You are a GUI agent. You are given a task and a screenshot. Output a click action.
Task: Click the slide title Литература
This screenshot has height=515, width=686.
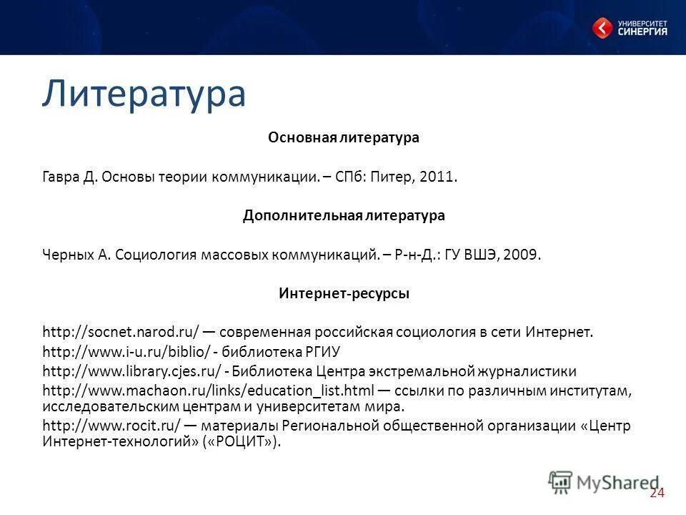coord(144,94)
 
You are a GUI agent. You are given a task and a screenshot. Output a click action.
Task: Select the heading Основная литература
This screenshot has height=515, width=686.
coord(343,138)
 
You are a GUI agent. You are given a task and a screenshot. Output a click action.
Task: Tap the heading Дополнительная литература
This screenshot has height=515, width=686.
coord(343,215)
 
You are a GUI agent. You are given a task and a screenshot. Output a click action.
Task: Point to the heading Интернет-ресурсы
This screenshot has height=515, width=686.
coord(343,293)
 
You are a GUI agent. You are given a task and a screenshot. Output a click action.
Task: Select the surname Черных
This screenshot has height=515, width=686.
coord(67,255)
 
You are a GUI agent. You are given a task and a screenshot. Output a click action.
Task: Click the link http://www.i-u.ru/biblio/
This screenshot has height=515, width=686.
coord(126,352)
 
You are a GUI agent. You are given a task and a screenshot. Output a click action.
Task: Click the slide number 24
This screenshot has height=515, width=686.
coord(657,494)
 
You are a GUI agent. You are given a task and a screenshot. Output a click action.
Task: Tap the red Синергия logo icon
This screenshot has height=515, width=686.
coord(602,28)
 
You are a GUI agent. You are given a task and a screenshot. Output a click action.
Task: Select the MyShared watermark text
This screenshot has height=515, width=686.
coord(618,483)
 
